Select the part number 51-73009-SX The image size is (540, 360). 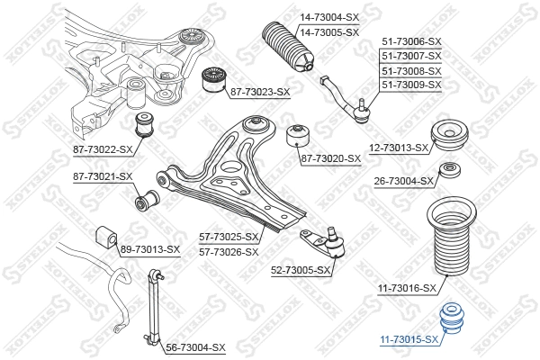(x=411, y=85)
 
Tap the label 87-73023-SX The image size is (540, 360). (x=258, y=92)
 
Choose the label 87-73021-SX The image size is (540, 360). (x=103, y=176)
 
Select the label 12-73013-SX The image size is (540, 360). (x=398, y=148)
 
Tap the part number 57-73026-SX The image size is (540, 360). (x=229, y=250)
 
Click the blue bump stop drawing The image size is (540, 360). (x=449, y=321)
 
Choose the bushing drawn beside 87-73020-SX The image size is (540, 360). (x=297, y=138)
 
